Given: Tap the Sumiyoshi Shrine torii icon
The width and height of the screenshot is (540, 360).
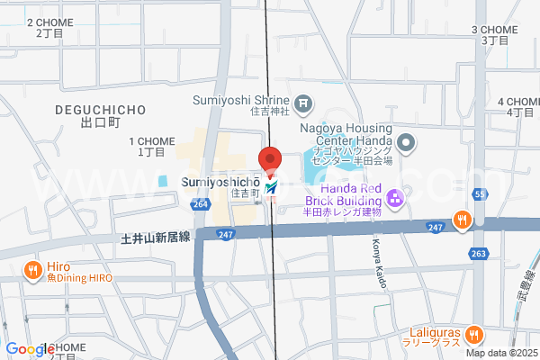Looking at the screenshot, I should click(x=303, y=103).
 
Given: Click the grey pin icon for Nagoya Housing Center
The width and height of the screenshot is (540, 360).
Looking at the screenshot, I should click(x=406, y=141).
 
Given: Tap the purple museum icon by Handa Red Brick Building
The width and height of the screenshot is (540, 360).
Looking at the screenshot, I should click(x=392, y=198).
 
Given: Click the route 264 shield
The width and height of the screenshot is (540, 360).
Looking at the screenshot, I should click(x=201, y=205).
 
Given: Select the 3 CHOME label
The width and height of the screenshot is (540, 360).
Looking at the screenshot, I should click(x=495, y=30).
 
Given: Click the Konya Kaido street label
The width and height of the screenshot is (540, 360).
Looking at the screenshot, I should click(x=381, y=265).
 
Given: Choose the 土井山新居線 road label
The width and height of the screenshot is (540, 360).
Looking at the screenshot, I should click(x=156, y=238).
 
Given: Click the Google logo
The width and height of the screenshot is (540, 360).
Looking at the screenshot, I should click(x=30, y=349).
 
